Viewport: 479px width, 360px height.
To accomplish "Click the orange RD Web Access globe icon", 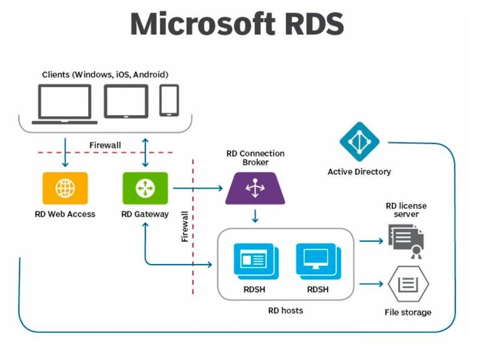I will click(x=65, y=188).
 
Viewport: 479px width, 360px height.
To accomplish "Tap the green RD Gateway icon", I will click(x=144, y=188).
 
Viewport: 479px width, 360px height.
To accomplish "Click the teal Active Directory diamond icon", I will click(x=359, y=142).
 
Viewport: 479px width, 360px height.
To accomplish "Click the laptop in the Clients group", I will click(x=65, y=103).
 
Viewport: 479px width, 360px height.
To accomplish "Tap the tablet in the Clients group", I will click(x=126, y=101).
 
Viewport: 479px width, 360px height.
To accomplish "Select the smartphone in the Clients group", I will click(x=169, y=100).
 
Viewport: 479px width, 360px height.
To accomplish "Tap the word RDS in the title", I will click(x=312, y=24).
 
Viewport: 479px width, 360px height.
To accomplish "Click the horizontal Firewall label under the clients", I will click(x=105, y=145).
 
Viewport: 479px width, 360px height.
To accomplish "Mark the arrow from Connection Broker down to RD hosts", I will click(x=255, y=215).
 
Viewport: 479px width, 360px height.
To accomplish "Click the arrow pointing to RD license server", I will click(x=371, y=241).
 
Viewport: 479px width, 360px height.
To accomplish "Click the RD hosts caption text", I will click(x=285, y=310).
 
